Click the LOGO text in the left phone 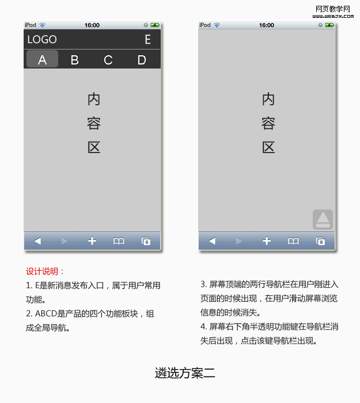pos(42,40)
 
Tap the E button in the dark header pos(147,40)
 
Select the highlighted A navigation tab pos(42,59)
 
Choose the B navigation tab pos(74,60)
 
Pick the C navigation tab pos(108,60)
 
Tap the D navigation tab pos(142,60)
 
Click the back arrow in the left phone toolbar pos(37,241)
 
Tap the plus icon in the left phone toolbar pos(92,241)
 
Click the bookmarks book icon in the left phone pos(119,241)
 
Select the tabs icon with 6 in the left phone pos(146,241)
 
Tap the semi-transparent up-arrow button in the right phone pos(323,219)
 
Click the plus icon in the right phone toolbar pos(267,241)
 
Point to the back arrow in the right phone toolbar pos(212,241)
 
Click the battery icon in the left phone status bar pos(155,25)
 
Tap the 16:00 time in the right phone pos(266,25)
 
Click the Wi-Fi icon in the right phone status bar pos(217,25)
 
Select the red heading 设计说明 pos(42,271)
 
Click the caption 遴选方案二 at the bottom pos(185,373)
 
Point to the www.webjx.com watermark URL pos(333,16)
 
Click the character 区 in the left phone pos(94,147)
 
